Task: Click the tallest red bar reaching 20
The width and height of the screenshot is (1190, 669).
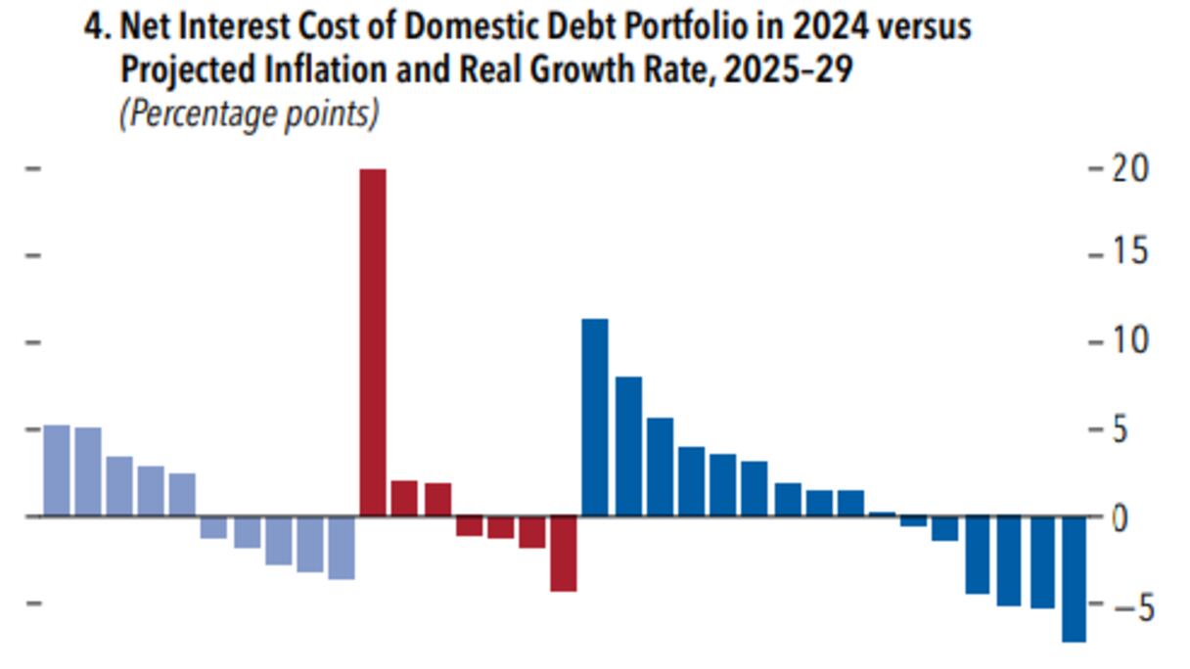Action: tap(373, 342)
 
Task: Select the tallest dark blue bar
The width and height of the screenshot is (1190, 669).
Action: tap(595, 417)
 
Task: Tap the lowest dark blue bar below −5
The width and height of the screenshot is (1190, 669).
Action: tap(1074, 578)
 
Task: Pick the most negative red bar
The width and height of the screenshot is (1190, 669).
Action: tap(563, 554)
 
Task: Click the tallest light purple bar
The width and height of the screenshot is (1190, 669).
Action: tap(57, 470)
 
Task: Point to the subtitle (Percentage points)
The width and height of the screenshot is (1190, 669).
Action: tap(249, 113)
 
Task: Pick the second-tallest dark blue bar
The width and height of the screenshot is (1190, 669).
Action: tap(628, 446)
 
